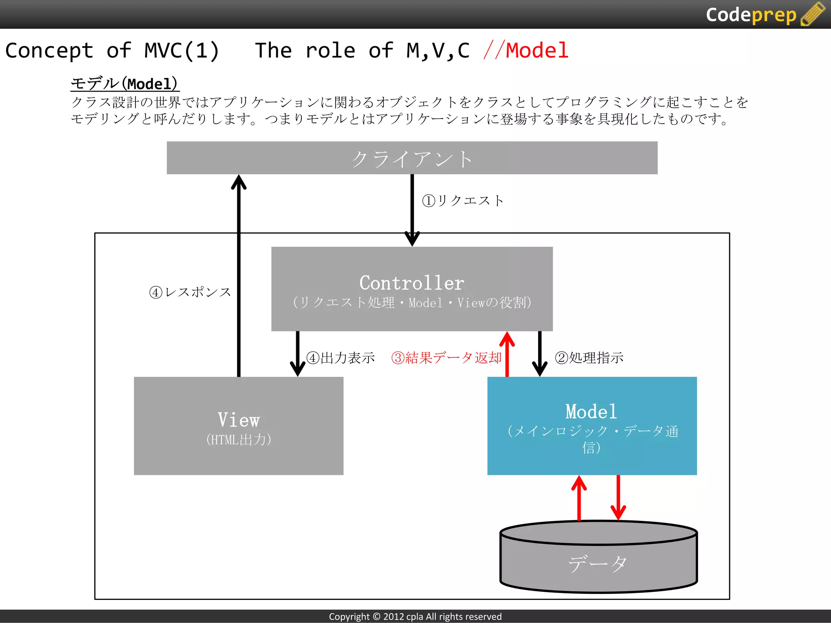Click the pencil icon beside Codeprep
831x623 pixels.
[813, 14]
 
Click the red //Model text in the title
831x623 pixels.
[526, 51]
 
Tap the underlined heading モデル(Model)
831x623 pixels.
[125, 84]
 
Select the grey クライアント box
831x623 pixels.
[412, 158]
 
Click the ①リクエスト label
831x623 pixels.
[463, 200]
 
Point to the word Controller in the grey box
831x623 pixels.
[411, 283]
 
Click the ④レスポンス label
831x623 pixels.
[190, 292]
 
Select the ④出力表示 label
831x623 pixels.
[341, 358]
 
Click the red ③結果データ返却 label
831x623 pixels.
[446, 358]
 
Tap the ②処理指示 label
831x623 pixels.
[589, 358]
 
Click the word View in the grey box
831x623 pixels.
[239, 420]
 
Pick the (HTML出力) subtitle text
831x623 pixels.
[239, 440]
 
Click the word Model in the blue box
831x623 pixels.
[591, 412]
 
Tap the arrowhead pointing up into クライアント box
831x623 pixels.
[239, 183]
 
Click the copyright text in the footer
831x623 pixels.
[415, 617]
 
